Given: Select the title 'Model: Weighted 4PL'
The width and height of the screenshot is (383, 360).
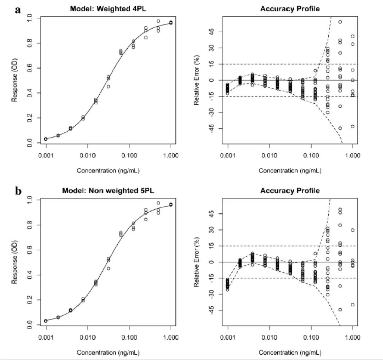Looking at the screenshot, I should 108,9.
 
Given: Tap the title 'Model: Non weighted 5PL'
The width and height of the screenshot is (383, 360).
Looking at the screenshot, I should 108,191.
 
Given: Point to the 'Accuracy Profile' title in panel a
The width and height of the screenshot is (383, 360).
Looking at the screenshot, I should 290,9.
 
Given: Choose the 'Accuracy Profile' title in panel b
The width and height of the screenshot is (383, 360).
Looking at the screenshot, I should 290,191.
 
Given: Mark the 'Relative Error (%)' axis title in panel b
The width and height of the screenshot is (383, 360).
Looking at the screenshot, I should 196,262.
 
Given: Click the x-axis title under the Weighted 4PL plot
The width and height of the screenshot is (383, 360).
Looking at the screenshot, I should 108,171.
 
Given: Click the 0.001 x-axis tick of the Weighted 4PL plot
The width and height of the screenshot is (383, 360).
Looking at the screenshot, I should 46,156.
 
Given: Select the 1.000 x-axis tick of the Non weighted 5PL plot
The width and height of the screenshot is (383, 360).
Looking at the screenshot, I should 171,337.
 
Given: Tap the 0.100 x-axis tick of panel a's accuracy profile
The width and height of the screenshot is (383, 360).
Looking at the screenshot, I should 311,156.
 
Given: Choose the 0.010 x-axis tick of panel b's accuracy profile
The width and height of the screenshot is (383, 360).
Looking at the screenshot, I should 270,337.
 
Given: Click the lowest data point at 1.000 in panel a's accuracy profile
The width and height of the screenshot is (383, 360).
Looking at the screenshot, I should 353,126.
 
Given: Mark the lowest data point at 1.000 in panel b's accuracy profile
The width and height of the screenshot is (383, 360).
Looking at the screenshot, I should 353,305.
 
